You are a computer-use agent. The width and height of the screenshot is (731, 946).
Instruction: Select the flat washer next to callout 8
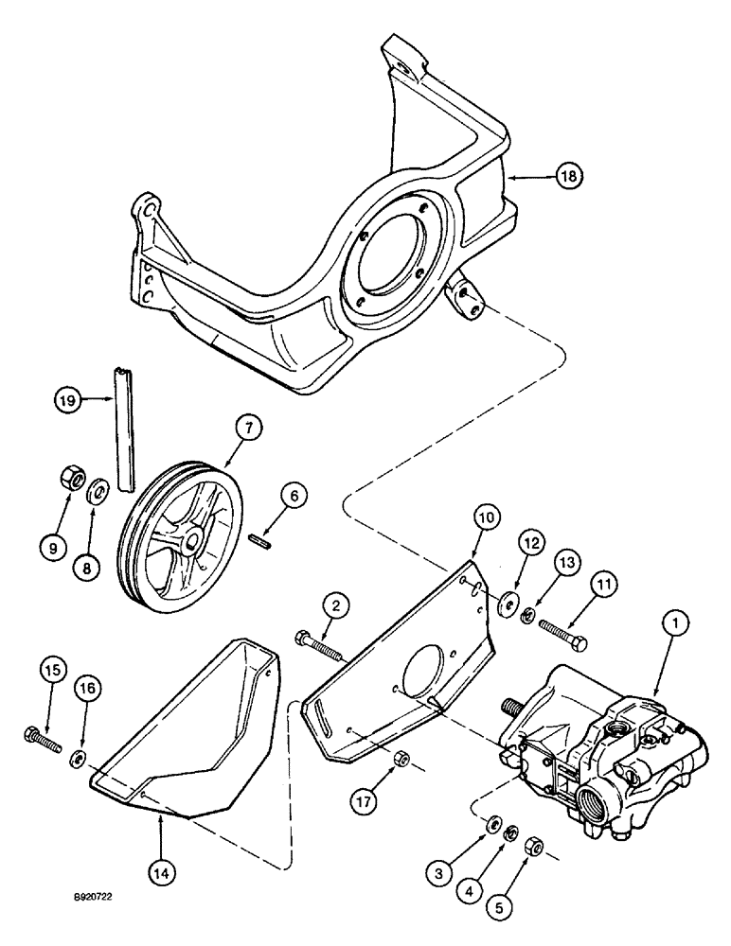point(98,491)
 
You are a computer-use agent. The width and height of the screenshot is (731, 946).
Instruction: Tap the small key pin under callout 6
point(259,542)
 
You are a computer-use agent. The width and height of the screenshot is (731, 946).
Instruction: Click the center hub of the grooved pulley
point(192,541)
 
